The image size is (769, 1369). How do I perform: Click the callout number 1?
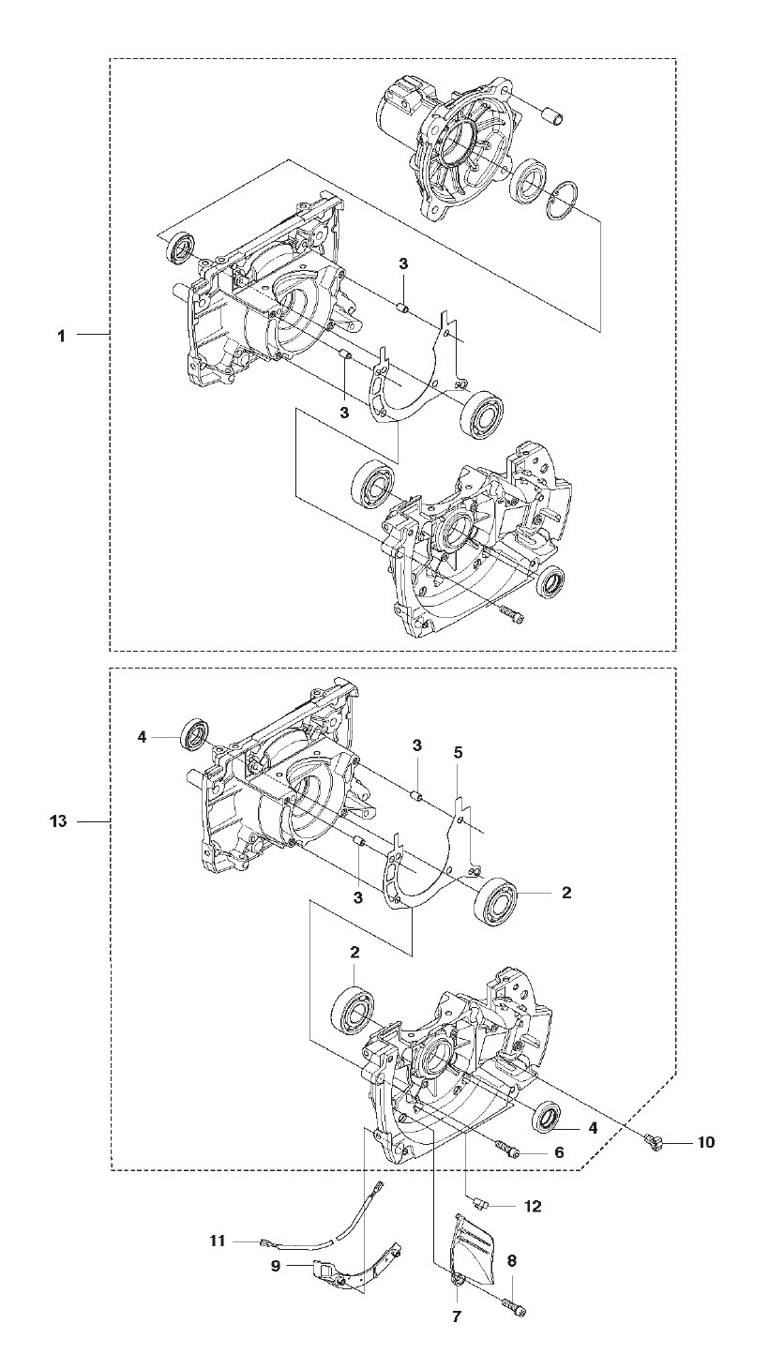[61, 336]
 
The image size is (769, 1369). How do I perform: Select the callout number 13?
[58, 821]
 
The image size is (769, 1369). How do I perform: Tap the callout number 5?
[458, 752]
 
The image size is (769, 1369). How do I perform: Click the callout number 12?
[533, 1206]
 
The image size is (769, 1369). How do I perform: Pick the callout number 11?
[217, 1241]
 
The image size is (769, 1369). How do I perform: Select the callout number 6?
[559, 1152]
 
